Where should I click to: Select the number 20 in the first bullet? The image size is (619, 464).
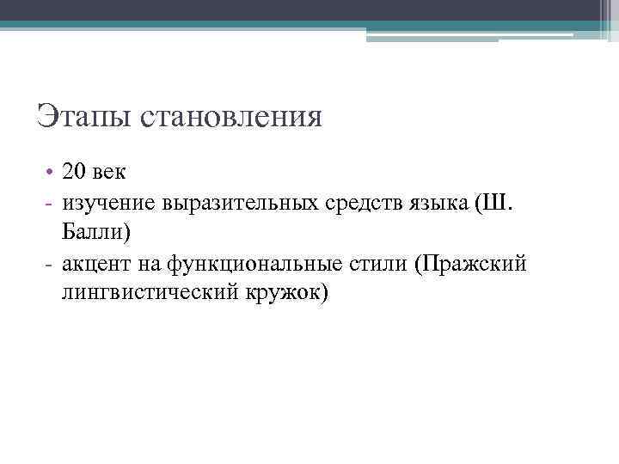coord(74,171)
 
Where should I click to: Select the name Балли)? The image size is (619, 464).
coord(95,231)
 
